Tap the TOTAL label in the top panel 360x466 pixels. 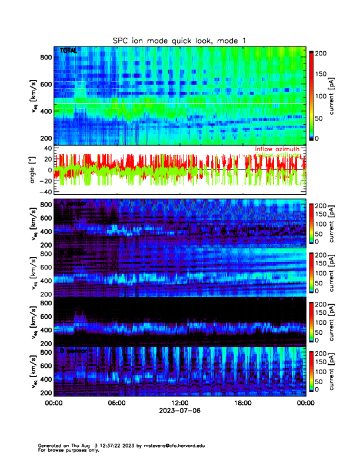[69, 51]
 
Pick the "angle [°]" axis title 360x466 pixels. [34, 170]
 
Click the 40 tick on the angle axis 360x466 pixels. [46, 148]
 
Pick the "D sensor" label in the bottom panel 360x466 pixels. [74, 351]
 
